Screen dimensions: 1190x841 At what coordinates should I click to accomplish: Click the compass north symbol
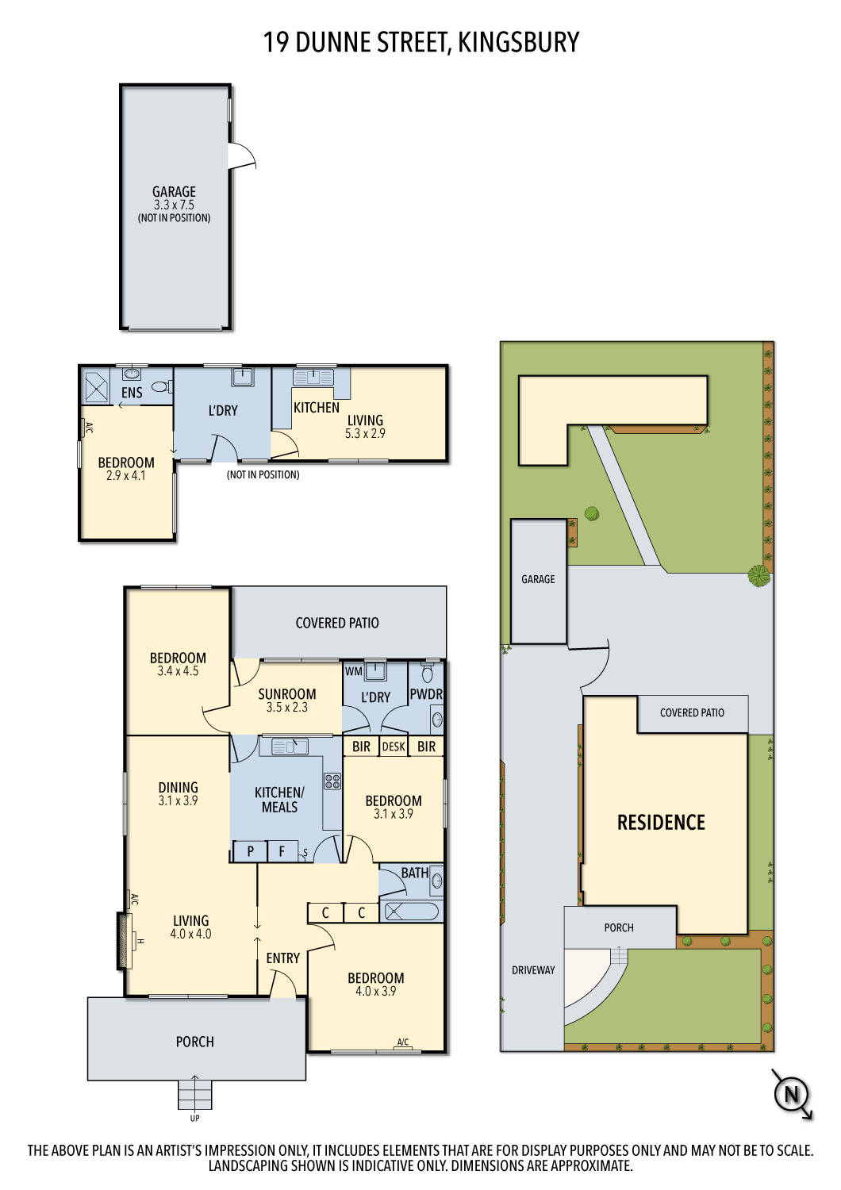pyautogui.click(x=791, y=1095)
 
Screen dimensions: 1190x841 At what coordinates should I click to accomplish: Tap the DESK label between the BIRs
pyautogui.click(x=394, y=747)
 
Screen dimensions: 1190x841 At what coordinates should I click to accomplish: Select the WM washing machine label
pyautogui.click(x=354, y=671)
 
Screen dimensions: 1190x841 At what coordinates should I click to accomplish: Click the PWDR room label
pyautogui.click(x=426, y=694)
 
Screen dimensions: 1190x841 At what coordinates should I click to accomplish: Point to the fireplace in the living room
pyautogui.click(x=124, y=941)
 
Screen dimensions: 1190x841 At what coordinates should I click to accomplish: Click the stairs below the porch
pyautogui.click(x=195, y=1094)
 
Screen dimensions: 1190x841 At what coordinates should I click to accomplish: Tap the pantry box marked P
pyautogui.click(x=251, y=852)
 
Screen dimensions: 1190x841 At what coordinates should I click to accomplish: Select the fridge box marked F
pyautogui.click(x=282, y=852)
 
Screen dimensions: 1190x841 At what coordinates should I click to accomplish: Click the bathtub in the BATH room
pyautogui.click(x=411, y=912)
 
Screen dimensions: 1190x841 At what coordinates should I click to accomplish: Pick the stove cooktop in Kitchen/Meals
pyautogui.click(x=332, y=781)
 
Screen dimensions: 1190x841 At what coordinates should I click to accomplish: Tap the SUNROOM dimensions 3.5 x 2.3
pyautogui.click(x=286, y=708)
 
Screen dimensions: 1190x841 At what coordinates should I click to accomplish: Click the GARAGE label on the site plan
pyautogui.click(x=538, y=579)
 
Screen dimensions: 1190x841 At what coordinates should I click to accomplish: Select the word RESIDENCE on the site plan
pyautogui.click(x=661, y=823)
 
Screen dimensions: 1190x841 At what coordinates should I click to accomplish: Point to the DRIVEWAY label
pyautogui.click(x=533, y=970)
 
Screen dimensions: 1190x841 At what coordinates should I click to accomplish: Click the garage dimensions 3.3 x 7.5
pyautogui.click(x=174, y=205)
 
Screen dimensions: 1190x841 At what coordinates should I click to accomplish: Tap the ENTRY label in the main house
pyautogui.click(x=283, y=958)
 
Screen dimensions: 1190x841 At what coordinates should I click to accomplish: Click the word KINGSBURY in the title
pyautogui.click(x=519, y=42)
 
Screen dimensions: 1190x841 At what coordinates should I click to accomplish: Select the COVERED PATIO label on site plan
pyautogui.click(x=692, y=712)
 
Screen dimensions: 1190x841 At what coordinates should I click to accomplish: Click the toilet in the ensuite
pyautogui.click(x=160, y=387)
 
